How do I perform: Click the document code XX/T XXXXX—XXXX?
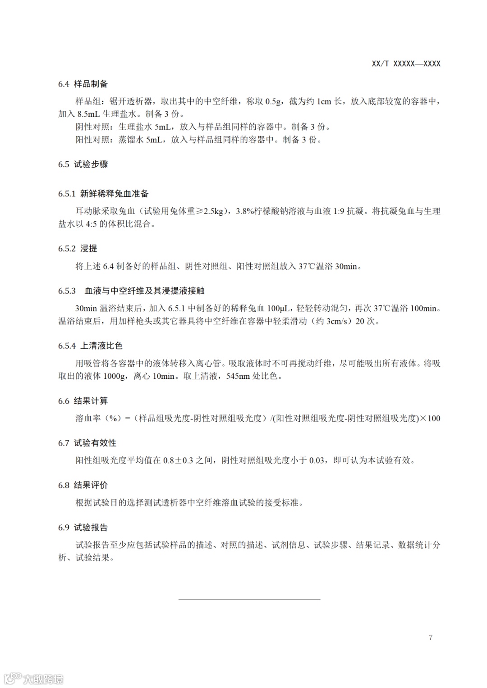406,64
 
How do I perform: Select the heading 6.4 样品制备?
83,84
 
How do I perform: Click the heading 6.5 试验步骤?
83,164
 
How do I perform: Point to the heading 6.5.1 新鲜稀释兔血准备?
103,194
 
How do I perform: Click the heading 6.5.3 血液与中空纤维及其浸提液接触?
131,291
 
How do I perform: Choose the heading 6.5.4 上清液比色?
90,346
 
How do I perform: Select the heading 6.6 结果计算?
83,401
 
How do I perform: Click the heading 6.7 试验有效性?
87,443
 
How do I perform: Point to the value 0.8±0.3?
178,460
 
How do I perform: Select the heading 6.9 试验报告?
83,528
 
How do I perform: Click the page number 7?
431,637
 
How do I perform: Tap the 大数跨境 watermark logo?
34,678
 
